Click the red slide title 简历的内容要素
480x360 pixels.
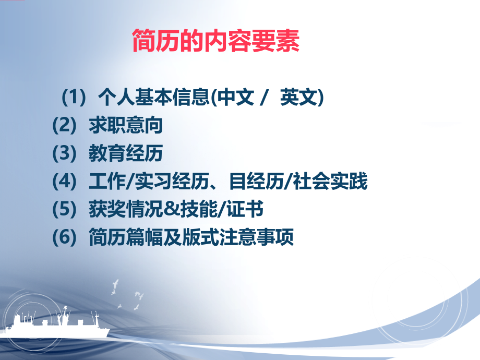tap(216, 42)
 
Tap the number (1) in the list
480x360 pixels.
tap(73, 98)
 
